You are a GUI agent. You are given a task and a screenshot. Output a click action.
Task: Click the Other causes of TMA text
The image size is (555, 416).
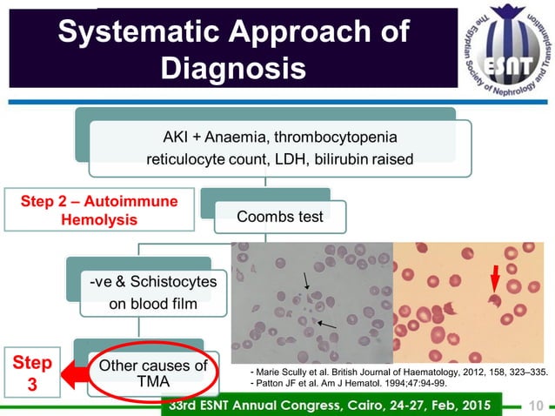153,372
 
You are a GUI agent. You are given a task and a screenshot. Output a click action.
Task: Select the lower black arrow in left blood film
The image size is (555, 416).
327,324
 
